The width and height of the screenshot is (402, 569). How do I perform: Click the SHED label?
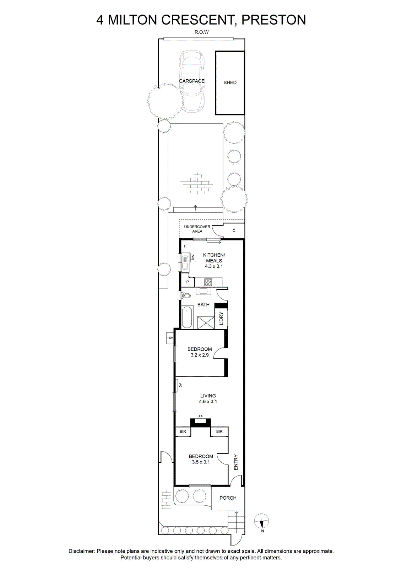point(230,83)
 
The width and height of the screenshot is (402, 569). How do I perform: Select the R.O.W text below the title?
point(201,32)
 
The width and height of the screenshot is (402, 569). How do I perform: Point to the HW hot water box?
point(170,338)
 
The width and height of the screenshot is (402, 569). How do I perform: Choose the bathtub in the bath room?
point(187,317)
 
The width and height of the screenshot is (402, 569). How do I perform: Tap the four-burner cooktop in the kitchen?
point(208,282)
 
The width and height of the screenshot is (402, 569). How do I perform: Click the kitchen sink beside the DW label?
point(185,261)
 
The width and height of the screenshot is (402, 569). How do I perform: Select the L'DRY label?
point(221,319)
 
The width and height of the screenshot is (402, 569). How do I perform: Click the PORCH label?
point(228,498)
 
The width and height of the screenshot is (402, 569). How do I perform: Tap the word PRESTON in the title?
point(274,20)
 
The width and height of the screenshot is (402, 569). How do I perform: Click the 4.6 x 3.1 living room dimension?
point(208,402)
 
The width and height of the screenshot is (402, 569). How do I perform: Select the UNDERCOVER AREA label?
point(197,229)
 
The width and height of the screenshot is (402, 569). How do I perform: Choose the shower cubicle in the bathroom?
point(206,323)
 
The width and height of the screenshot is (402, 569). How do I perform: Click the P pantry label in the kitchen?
point(188,282)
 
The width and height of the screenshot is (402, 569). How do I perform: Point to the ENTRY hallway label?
point(236,462)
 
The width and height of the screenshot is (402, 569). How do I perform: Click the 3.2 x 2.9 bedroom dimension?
point(200,355)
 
